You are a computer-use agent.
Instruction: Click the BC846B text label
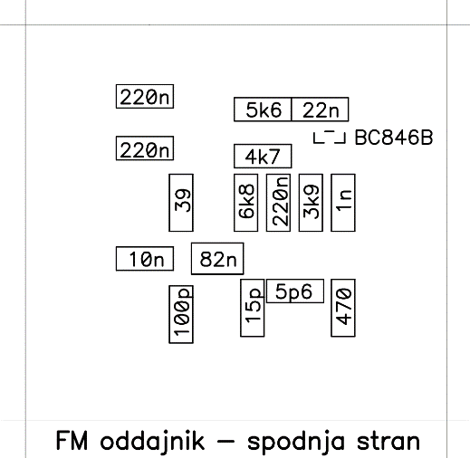point(394,138)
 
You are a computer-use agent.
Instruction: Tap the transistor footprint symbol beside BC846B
point(330,137)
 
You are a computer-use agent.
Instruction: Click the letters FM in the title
point(72,441)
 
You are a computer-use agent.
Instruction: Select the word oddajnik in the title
point(152,442)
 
